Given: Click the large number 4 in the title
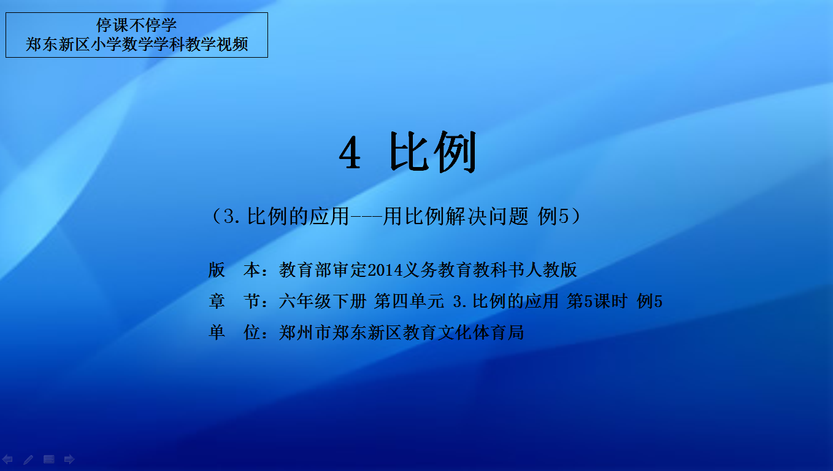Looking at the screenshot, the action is point(350,152).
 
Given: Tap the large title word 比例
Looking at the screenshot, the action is point(432,152).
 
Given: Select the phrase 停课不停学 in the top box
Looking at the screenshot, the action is point(136,25).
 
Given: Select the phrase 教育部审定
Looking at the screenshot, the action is point(323,270).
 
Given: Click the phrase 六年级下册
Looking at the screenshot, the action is point(323,301).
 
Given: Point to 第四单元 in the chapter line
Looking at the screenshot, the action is point(409,301).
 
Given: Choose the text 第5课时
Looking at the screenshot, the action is point(597,301).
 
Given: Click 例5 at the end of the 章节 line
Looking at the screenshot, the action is point(650,301).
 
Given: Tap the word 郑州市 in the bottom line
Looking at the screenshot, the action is point(305,332).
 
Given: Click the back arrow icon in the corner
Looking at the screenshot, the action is point(7,459).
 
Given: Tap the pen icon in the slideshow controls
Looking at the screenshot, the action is point(28,459).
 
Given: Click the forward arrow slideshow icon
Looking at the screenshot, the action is point(69,459).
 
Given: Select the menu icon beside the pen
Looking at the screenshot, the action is point(48,459).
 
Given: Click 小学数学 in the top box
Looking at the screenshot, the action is point(121,44).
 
